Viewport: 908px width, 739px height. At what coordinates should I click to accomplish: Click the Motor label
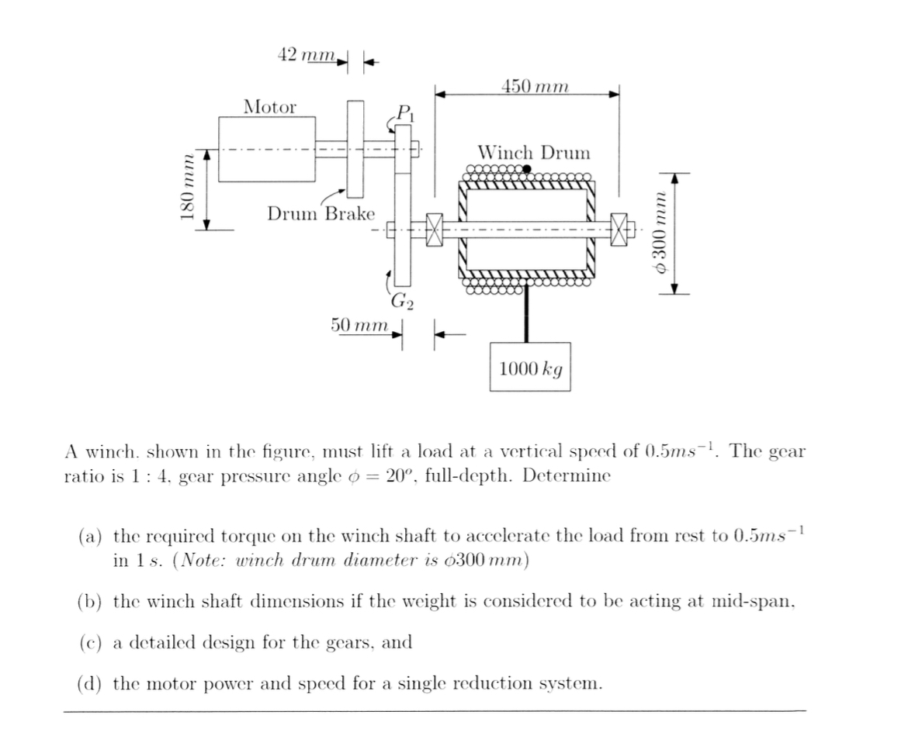(x=269, y=107)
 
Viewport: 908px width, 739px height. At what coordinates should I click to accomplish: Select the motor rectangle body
(x=267, y=149)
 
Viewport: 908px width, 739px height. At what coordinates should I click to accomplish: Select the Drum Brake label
(x=321, y=213)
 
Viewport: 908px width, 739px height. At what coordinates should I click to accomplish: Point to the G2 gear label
(x=401, y=301)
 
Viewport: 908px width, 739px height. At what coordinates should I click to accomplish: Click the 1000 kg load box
(x=530, y=368)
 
